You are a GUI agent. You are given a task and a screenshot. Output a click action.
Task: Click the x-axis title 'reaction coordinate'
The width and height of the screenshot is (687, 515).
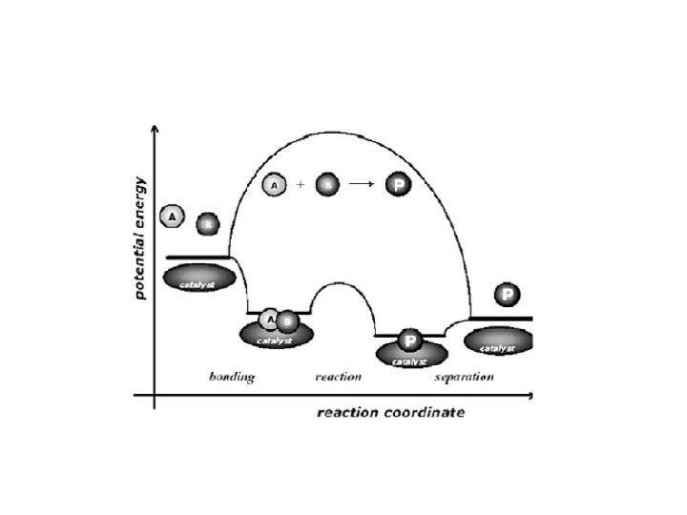click(390, 413)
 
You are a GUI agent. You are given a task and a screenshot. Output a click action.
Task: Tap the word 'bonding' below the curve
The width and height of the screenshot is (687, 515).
click(232, 377)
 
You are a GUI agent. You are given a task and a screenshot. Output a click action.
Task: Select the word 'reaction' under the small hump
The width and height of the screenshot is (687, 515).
click(338, 377)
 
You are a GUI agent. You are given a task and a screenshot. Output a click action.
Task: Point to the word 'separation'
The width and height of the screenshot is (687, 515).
click(464, 377)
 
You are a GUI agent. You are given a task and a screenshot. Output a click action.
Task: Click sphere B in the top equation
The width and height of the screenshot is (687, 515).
click(326, 184)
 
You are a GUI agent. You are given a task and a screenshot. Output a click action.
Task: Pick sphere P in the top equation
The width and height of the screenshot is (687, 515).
click(398, 184)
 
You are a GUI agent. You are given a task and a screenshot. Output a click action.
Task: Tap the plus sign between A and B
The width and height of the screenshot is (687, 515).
click(301, 184)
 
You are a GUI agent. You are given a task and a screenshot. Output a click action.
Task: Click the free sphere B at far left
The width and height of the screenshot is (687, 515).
click(207, 225)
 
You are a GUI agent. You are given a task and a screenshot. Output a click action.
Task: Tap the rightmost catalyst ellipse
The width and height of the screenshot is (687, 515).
click(498, 342)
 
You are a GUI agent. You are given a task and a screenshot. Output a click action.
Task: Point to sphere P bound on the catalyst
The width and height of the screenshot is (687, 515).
click(409, 340)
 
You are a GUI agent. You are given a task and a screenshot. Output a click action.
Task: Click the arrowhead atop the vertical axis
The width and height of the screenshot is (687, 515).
click(155, 130)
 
